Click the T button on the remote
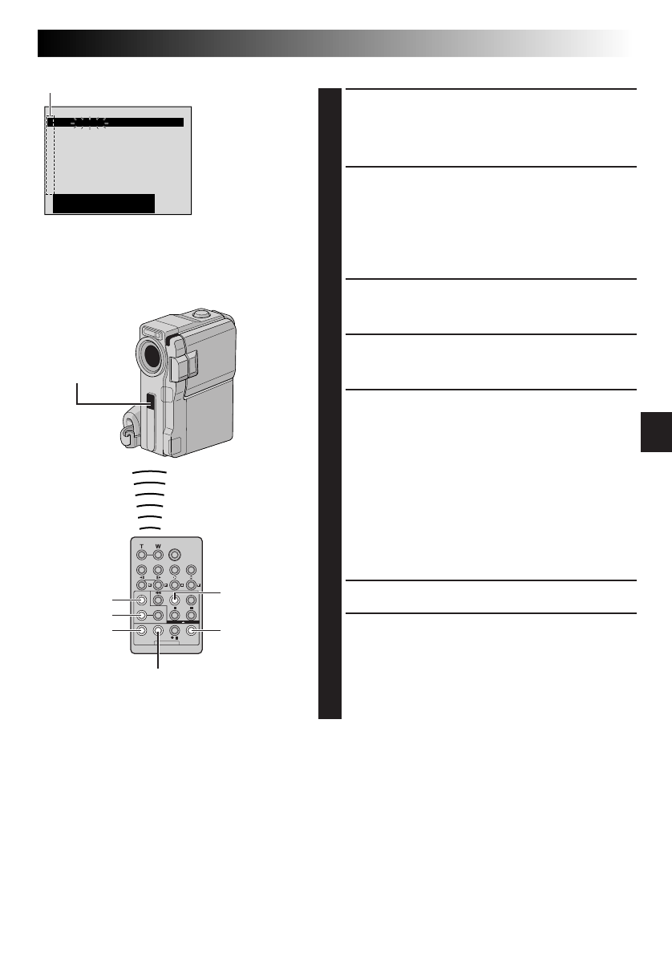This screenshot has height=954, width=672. pyautogui.click(x=141, y=554)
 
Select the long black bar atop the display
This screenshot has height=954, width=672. pyautogui.click(x=116, y=123)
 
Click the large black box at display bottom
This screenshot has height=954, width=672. pyautogui.click(x=103, y=204)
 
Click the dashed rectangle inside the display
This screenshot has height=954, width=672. pyautogui.click(x=50, y=156)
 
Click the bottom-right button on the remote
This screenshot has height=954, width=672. pyautogui.click(x=191, y=631)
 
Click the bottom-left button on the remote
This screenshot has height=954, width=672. pyautogui.click(x=141, y=631)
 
